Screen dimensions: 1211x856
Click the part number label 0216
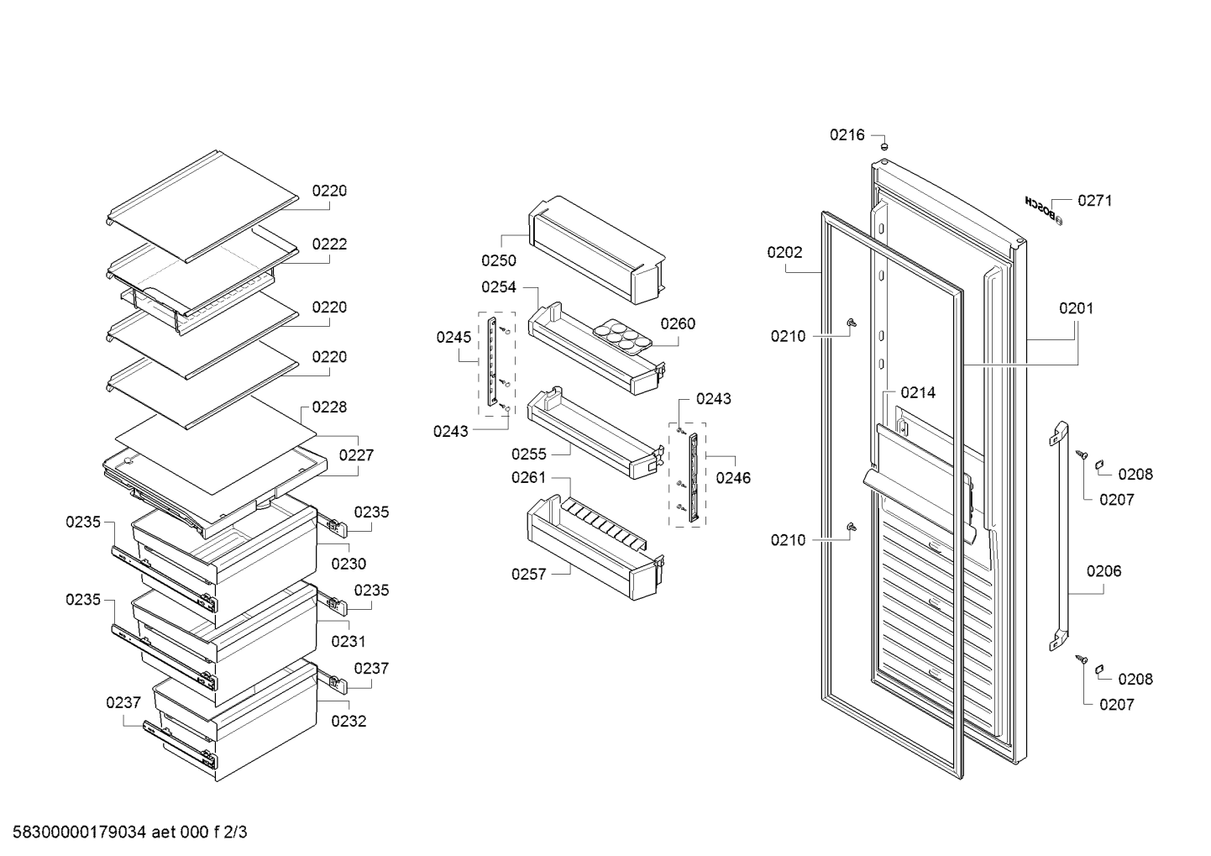click(x=847, y=134)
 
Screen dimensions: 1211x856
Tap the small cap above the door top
click(x=884, y=146)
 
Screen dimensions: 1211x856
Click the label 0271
click(x=1095, y=201)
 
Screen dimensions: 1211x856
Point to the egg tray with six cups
click(x=623, y=336)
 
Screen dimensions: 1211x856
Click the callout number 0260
click(x=678, y=323)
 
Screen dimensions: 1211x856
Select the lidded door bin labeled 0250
click(x=596, y=249)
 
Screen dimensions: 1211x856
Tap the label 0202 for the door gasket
click(x=784, y=252)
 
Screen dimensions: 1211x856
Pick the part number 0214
click(x=918, y=392)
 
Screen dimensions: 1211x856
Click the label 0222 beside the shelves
click(x=329, y=244)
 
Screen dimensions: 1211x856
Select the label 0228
click(x=329, y=407)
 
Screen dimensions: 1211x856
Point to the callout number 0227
click(x=356, y=454)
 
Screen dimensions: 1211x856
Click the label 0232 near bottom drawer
click(x=349, y=721)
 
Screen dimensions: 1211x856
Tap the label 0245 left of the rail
click(x=453, y=338)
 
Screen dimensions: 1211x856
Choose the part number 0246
click(x=733, y=477)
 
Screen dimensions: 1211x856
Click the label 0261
click(x=529, y=477)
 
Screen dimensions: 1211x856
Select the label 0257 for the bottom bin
click(x=529, y=574)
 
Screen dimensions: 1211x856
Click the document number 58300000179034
click(x=80, y=832)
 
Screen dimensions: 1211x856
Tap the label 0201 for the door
click(x=1077, y=308)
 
